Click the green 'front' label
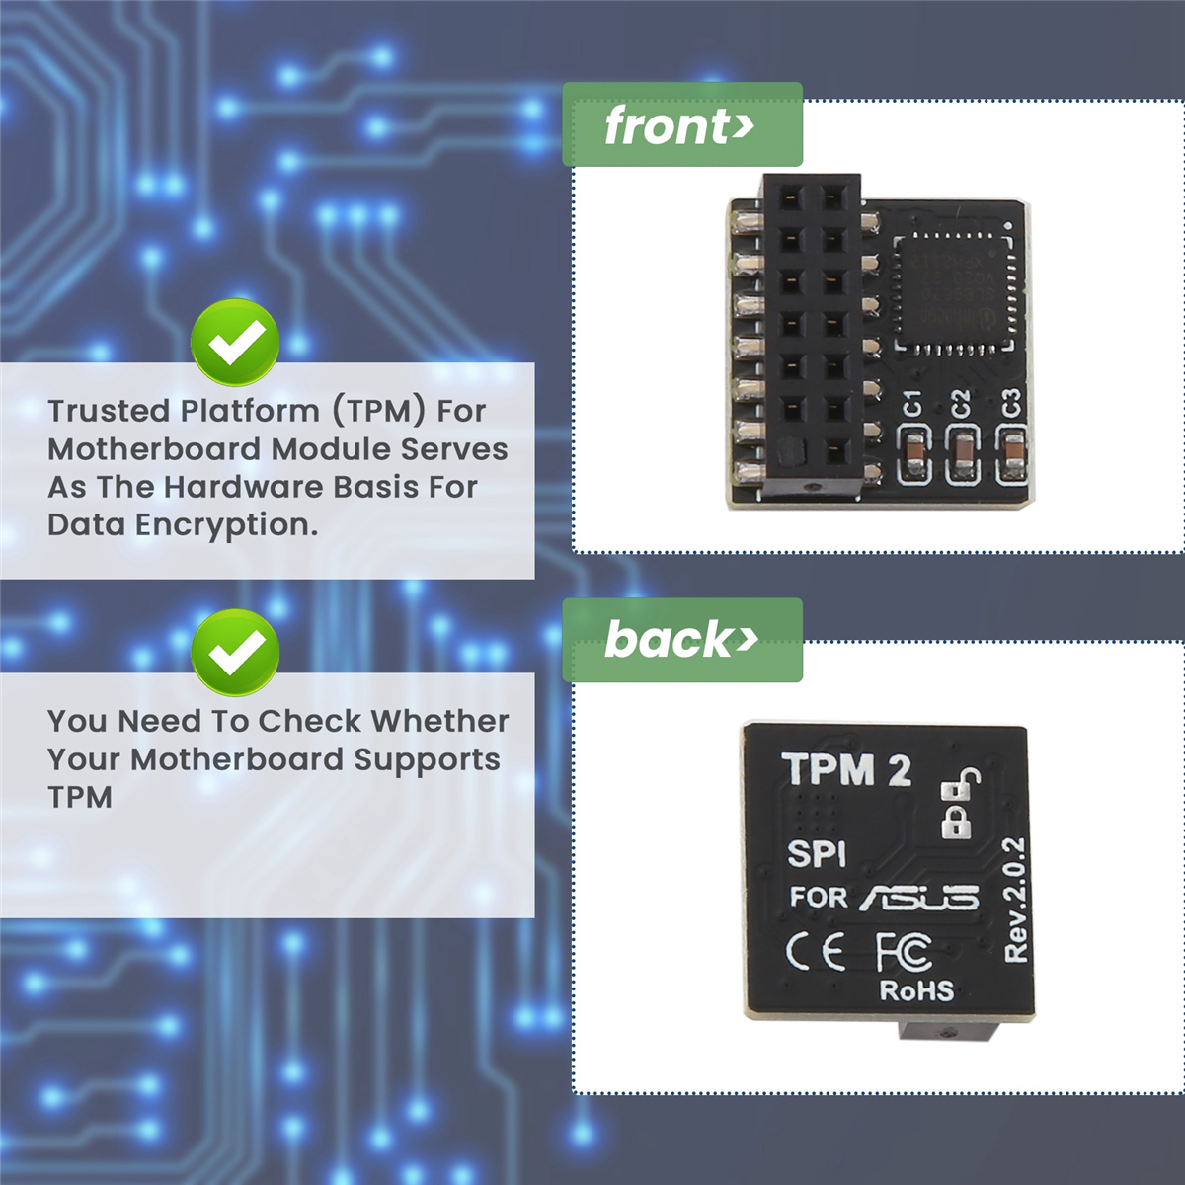pos(681,125)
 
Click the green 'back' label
pos(681,640)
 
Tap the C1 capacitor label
pos(913,403)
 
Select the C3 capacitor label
pos(1009,403)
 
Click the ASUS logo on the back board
pos(919,898)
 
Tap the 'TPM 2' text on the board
pos(846,770)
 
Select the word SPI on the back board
pos(817,854)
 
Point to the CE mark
pos(816,953)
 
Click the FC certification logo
pos(904,951)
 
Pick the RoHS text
pos(916,990)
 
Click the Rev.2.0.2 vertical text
pos(1015,899)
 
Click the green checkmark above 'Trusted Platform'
pos(235,343)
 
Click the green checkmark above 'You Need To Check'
pos(235,653)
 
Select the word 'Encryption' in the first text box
pos(226,525)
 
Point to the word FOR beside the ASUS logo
pos(819,898)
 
